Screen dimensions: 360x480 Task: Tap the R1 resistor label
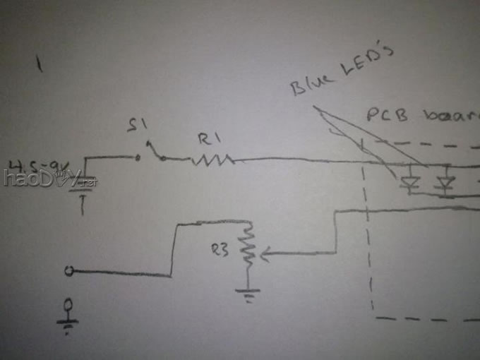click(x=205, y=139)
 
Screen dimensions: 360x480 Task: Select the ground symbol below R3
click(x=248, y=292)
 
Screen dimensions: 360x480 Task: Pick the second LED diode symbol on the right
click(x=444, y=184)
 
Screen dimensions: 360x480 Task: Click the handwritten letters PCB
click(x=387, y=114)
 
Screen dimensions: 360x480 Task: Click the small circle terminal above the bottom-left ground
click(x=68, y=305)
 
